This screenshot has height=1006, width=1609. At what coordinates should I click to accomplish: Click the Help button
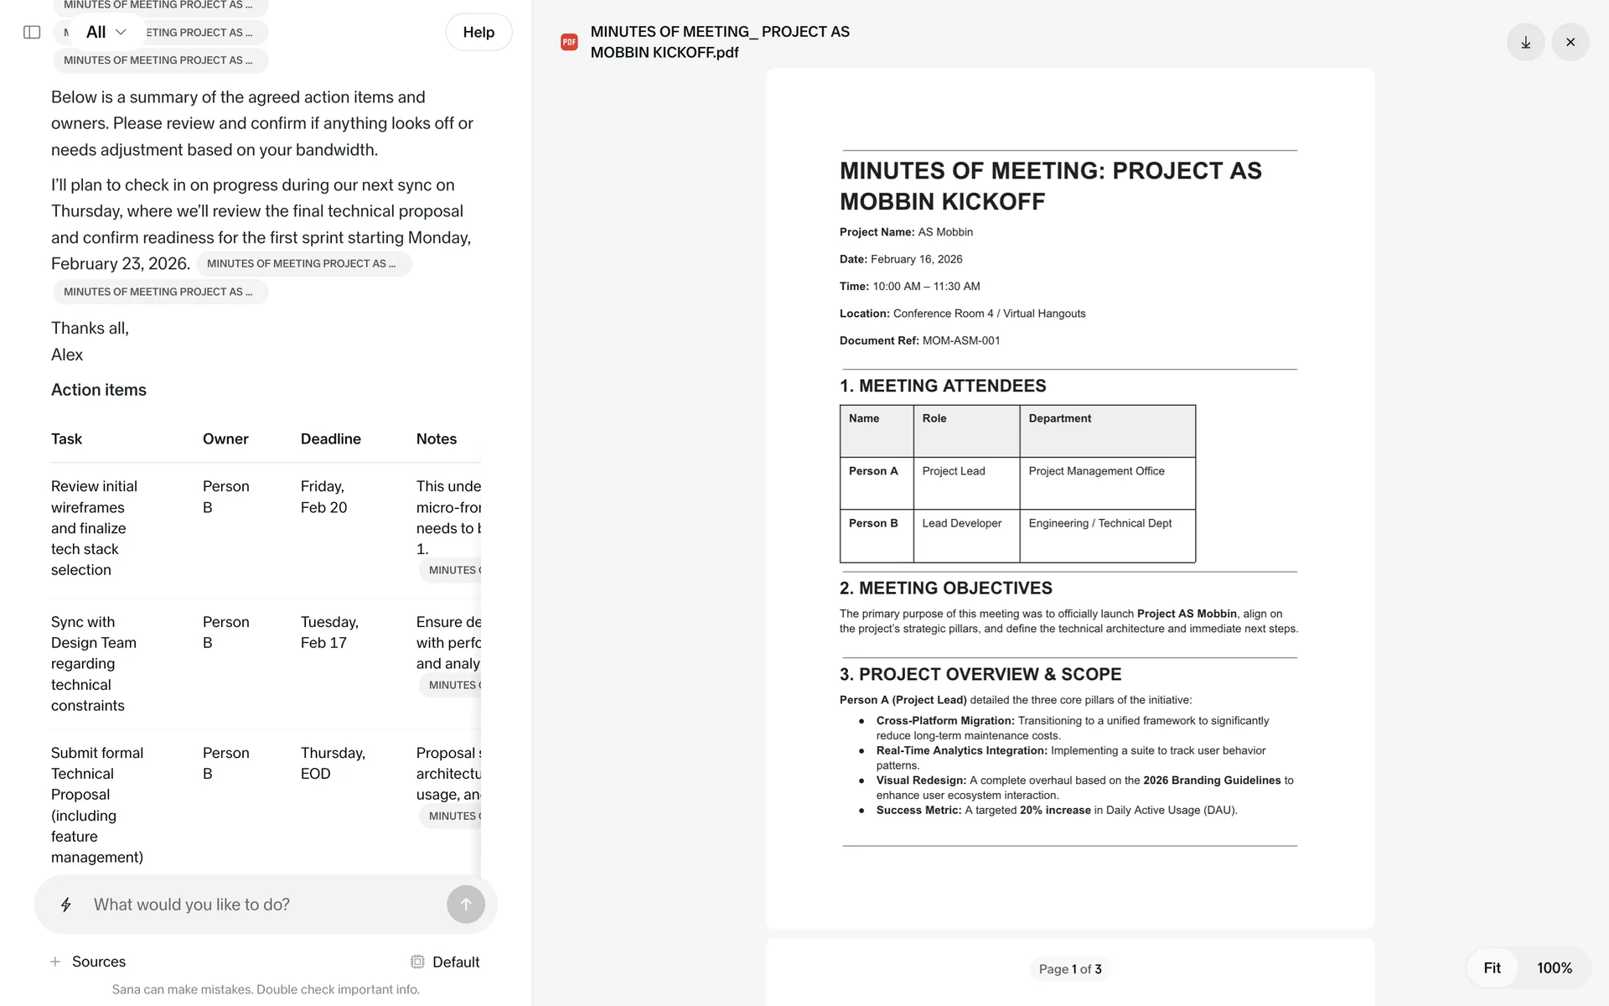pyautogui.click(x=479, y=32)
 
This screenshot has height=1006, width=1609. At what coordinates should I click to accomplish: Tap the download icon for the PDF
pyautogui.click(x=1525, y=42)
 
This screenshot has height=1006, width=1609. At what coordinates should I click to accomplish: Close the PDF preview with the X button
pyautogui.click(x=1570, y=42)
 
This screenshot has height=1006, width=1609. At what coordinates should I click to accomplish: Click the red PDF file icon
pyautogui.click(x=569, y=42)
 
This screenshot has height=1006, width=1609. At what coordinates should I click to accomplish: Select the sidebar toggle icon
pyautogui.click(x=32, y=32)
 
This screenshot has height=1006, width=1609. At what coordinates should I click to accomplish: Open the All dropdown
pyautogui.click(x=106, y=32)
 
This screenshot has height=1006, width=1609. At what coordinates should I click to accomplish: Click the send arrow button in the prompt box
pyautogui.click(x=466, y=905)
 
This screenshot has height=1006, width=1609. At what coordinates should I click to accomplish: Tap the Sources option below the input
pyautogui.click(x=89, y=962)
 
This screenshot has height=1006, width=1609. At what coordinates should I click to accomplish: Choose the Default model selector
pyautogui.click(x=445, y=962)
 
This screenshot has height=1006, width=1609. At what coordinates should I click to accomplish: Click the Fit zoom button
pyautogui.click(x=1492, y=967)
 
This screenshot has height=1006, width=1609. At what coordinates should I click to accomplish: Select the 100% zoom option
pyautogui.click(x=1554, y=967)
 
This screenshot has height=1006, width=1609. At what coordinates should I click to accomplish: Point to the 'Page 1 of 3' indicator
pyautogui.click(x=1070, y=969)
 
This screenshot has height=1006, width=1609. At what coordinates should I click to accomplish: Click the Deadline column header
pyautogui.click(x=331, y=438)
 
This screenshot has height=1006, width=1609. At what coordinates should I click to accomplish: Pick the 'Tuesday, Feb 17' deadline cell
pyautogui.click(x=329, y=632)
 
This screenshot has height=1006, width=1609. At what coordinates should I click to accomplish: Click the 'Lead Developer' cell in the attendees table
pyautogui.click(x=962, y=523)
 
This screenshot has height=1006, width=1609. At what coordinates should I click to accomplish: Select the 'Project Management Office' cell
pyautogui.click(x=1096, y=471)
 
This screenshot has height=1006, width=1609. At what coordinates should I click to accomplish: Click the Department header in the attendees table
pyautogui.click(x=1060, y=418)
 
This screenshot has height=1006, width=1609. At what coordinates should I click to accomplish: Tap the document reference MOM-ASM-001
pyautogui.click(x=961, y=340)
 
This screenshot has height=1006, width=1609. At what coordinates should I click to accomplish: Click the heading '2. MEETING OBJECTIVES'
pyautogui.click(x=945, y=589)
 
